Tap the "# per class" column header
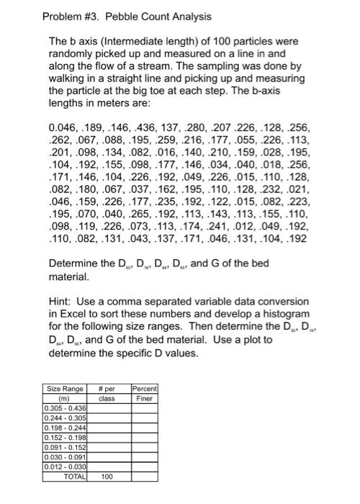tap(107, 393)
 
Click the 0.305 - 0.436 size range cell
tap(65, 408)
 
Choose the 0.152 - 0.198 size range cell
tap(65, 437)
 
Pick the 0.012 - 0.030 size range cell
tap(65, 467)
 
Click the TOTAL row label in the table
tap(74, 477)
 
